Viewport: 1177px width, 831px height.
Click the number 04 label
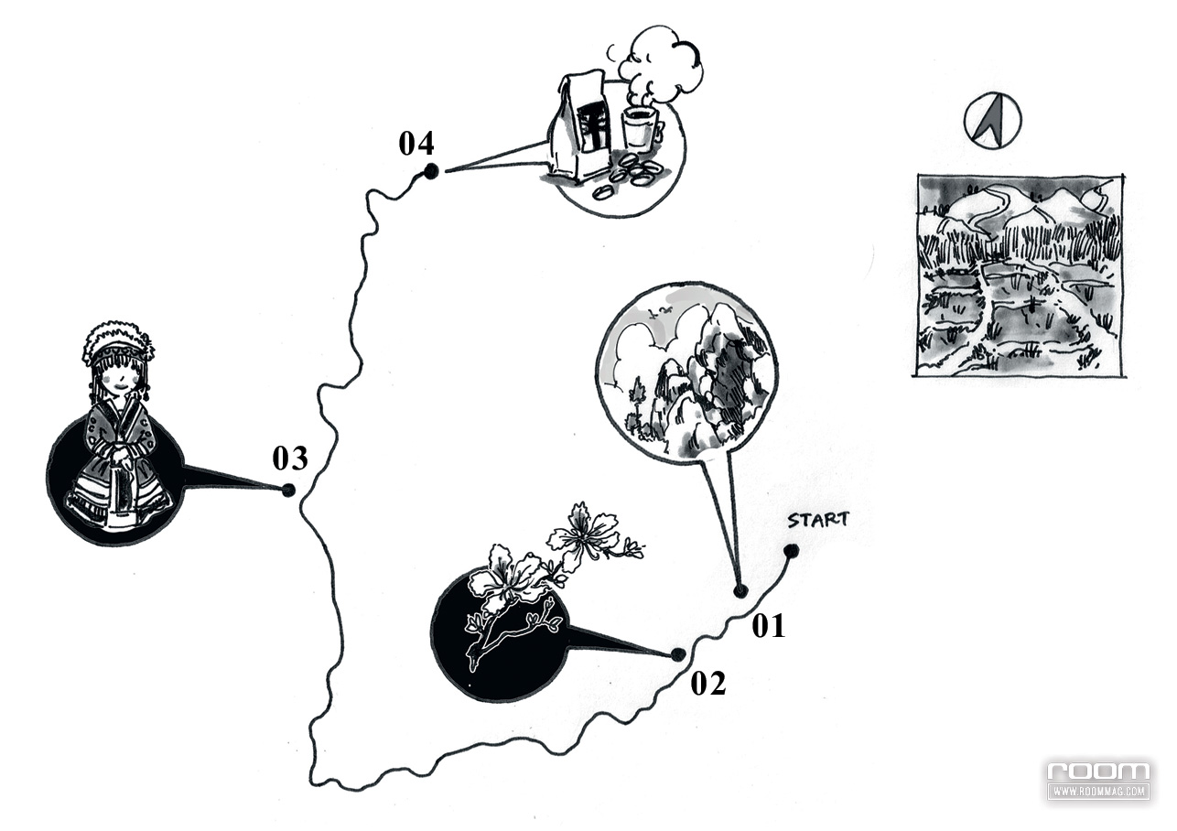[416, 143]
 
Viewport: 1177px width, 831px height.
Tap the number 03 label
[289, 458]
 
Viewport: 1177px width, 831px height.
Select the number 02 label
[707, 683]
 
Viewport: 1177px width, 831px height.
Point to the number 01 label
[768, 626]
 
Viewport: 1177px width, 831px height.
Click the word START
[818, 520]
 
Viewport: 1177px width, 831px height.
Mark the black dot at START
[791, 551]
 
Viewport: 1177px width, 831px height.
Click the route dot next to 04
[430, 170]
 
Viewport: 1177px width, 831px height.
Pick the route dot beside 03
[288, 490]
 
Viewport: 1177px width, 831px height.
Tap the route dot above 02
[678, 654]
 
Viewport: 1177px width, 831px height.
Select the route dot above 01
[740, 591]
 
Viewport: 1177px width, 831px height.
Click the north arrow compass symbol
[992, 122]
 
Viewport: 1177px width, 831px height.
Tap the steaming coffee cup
[640, 128]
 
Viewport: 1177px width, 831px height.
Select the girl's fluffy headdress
[118, 340]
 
